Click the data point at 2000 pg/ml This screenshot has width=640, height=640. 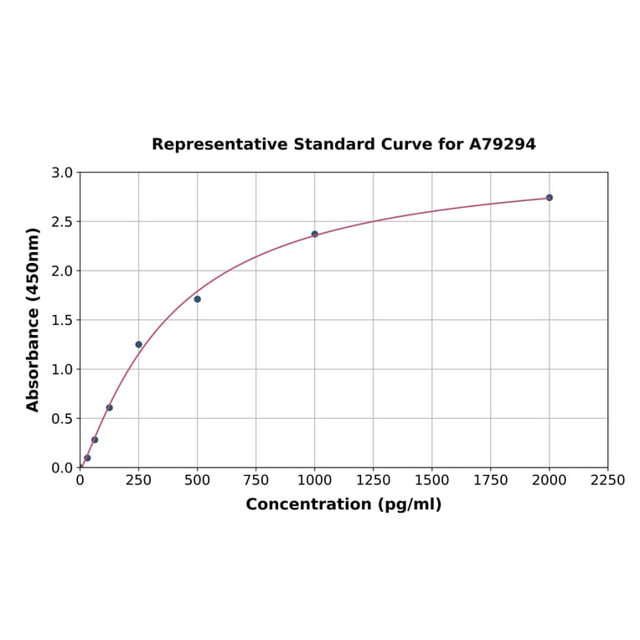550,198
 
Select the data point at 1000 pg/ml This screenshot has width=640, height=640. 315,235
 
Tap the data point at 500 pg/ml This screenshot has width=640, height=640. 198,299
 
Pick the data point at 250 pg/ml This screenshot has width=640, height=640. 139,344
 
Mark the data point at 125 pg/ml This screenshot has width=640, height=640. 110,408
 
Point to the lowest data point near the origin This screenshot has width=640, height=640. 87,458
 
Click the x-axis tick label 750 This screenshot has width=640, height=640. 256,481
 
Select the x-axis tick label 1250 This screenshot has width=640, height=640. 374,481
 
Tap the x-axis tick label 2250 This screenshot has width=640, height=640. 608,481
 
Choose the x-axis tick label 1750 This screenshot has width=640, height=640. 491,481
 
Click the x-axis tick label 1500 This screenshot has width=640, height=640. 432,481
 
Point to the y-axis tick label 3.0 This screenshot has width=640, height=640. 62,173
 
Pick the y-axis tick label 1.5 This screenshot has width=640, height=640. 62,320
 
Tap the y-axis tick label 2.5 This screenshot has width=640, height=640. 62,222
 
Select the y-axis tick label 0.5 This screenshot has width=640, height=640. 62,419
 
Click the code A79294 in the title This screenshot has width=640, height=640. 502,145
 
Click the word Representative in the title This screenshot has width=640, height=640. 220,145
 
